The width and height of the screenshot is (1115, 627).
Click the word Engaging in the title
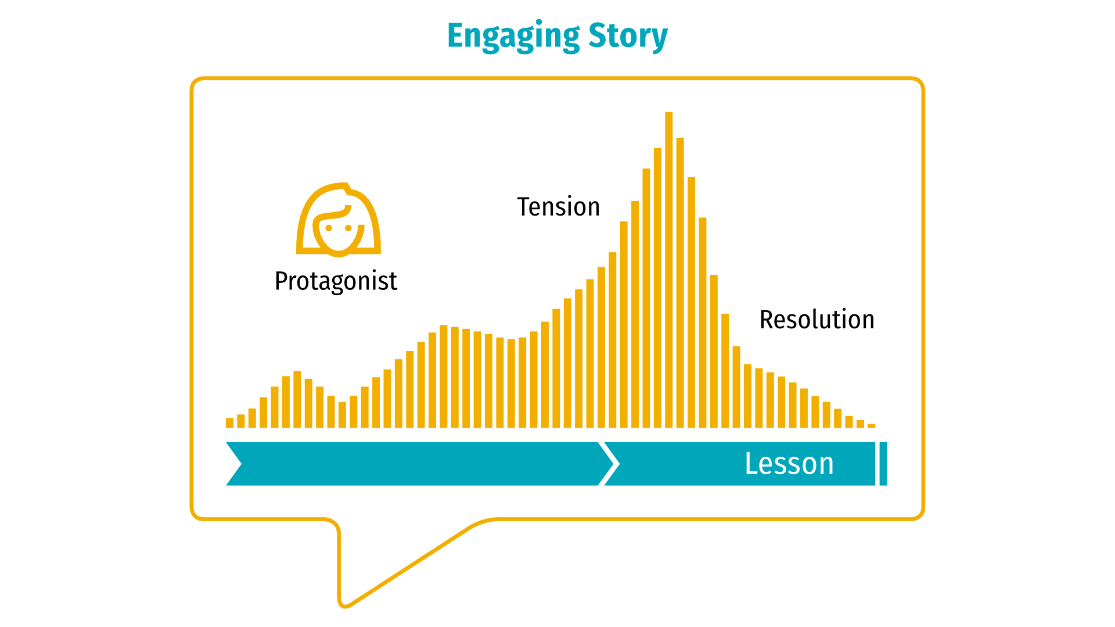[x=513, y=37]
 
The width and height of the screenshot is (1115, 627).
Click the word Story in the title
[x=628, y=37]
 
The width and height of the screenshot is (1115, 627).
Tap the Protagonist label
[x=336, y=282]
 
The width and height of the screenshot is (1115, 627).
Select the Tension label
[x=558, y=207]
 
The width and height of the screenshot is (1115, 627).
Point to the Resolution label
[x=817, y=320]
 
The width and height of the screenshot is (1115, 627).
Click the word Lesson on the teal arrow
[x=789, y=464]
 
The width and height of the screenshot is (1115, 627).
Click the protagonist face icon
[x=339, y=220]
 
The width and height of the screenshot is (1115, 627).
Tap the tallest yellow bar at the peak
[x=668, y=270]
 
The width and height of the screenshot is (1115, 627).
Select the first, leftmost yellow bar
[x=229, y=423]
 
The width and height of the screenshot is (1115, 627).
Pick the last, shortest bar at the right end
[x=871, y=426]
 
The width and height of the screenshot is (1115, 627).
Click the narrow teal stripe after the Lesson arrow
[x=883, y=464]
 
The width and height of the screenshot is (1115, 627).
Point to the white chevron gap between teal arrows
[x=608, y=464]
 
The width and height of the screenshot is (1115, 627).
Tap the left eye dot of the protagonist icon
[x=329, y=228]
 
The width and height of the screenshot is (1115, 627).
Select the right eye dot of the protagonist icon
[x=348, y=228]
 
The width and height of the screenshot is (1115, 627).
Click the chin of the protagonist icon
[x=339, y=254]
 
